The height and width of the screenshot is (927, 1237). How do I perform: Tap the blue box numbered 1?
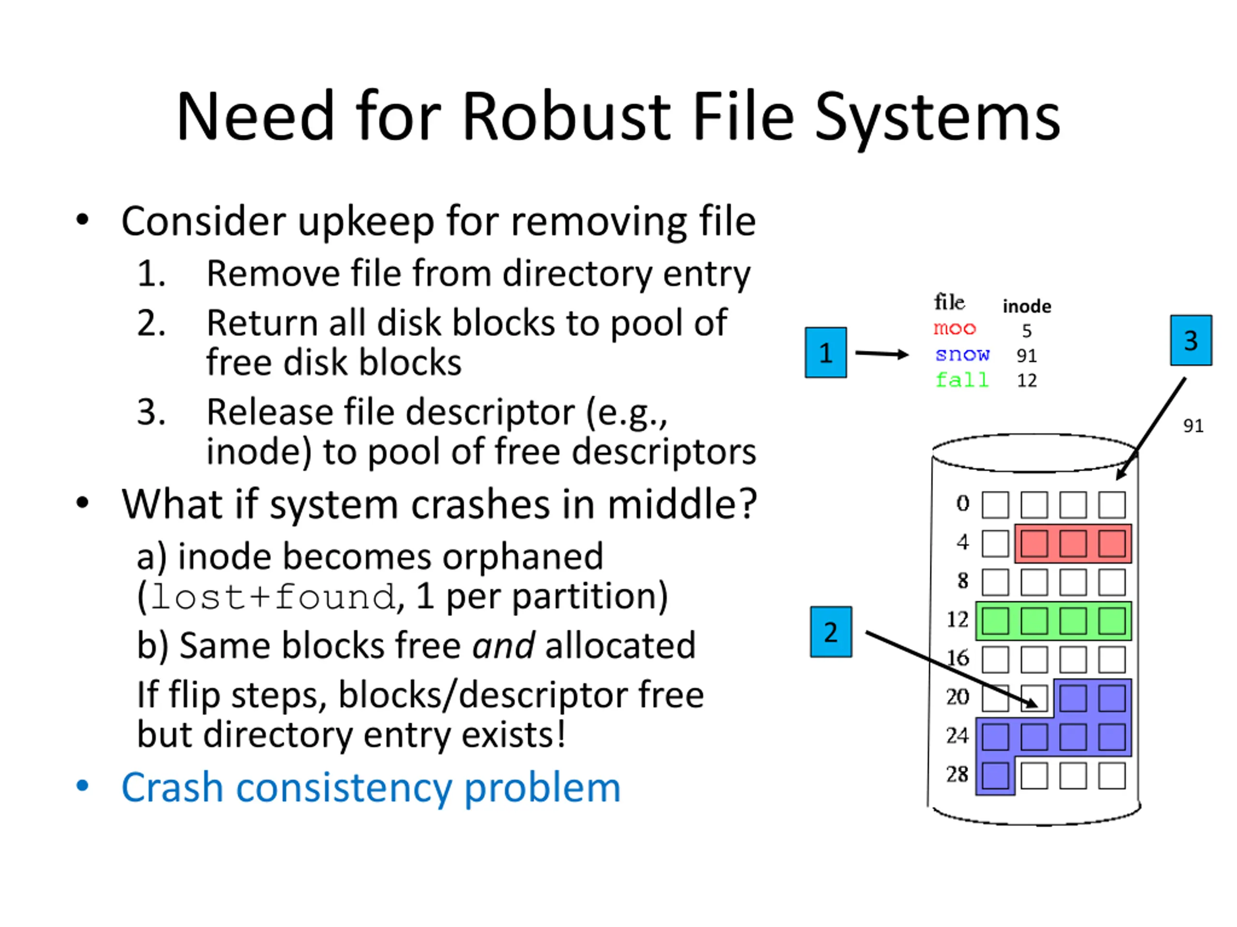(825, 352)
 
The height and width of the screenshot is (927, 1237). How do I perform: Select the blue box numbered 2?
(831, 632)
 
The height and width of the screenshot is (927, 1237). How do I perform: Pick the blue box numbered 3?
(1191, 340)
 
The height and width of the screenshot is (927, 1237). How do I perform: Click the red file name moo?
(955, 329)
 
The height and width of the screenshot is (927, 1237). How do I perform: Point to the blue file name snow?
(962, 354)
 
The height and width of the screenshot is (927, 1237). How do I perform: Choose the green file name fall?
(962, 380)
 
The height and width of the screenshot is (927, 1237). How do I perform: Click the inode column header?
(1027, 306)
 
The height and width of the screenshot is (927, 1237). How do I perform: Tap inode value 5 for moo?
(1027, 331)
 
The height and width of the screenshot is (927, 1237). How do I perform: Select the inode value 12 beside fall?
(1027, 380)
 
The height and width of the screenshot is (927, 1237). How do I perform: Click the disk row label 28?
(957, 774)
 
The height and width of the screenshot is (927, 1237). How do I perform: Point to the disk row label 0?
(963, 504)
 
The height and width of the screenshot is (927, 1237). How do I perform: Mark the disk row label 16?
(957, 658)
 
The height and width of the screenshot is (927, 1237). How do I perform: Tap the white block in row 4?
(995, 543)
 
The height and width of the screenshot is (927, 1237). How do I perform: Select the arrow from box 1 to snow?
(882, 353)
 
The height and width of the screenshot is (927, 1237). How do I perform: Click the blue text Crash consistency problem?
(371, 788)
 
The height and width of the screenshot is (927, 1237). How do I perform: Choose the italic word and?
(503, 646)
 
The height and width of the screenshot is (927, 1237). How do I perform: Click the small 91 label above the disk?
(1194, 426)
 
